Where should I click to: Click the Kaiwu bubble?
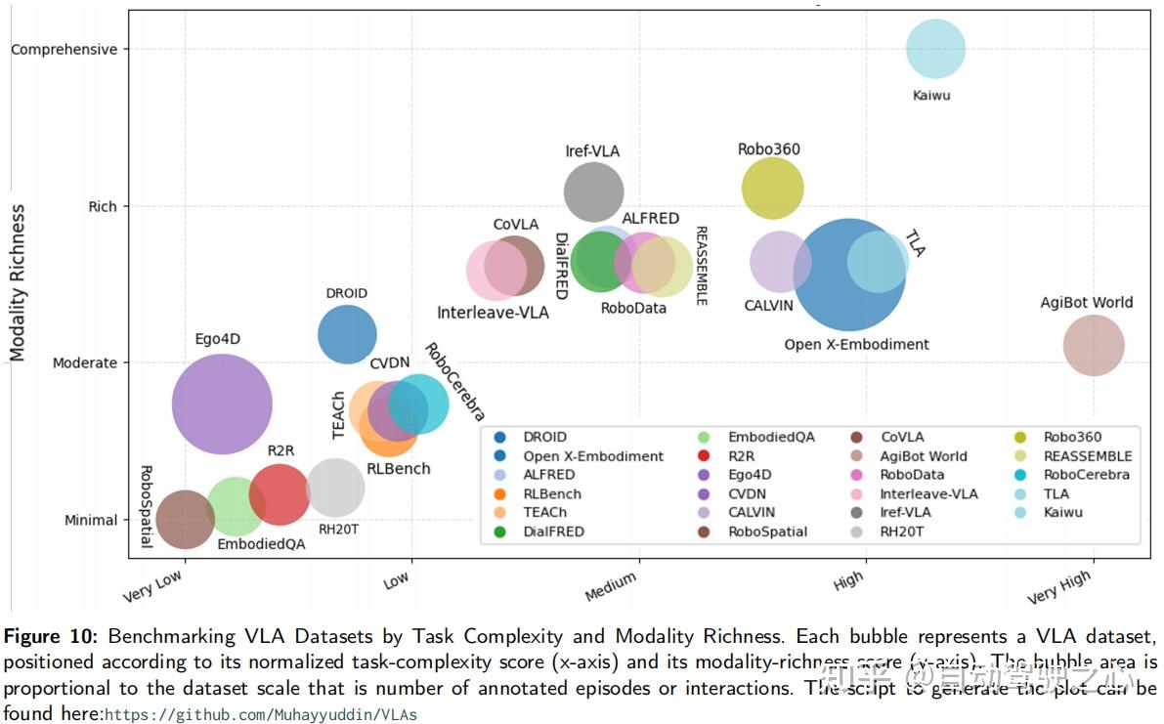935,49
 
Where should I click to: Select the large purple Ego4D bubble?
222,404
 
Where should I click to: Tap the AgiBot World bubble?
1094,345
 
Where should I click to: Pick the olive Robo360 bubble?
772,188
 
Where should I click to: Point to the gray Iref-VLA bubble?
593,192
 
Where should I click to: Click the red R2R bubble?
280,494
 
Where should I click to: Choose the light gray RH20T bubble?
335,487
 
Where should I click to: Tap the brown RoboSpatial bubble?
185,518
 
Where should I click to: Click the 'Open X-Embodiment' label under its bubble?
856,344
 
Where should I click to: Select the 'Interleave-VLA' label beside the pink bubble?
493,313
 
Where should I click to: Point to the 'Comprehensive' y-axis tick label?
64,49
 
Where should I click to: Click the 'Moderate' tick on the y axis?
85,362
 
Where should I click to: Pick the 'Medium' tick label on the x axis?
611,587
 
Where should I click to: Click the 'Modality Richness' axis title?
18,282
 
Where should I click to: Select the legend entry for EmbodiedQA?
769,437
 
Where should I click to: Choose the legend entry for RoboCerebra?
1085,475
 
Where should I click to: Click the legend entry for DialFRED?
553,532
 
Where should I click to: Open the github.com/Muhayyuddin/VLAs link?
261,714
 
